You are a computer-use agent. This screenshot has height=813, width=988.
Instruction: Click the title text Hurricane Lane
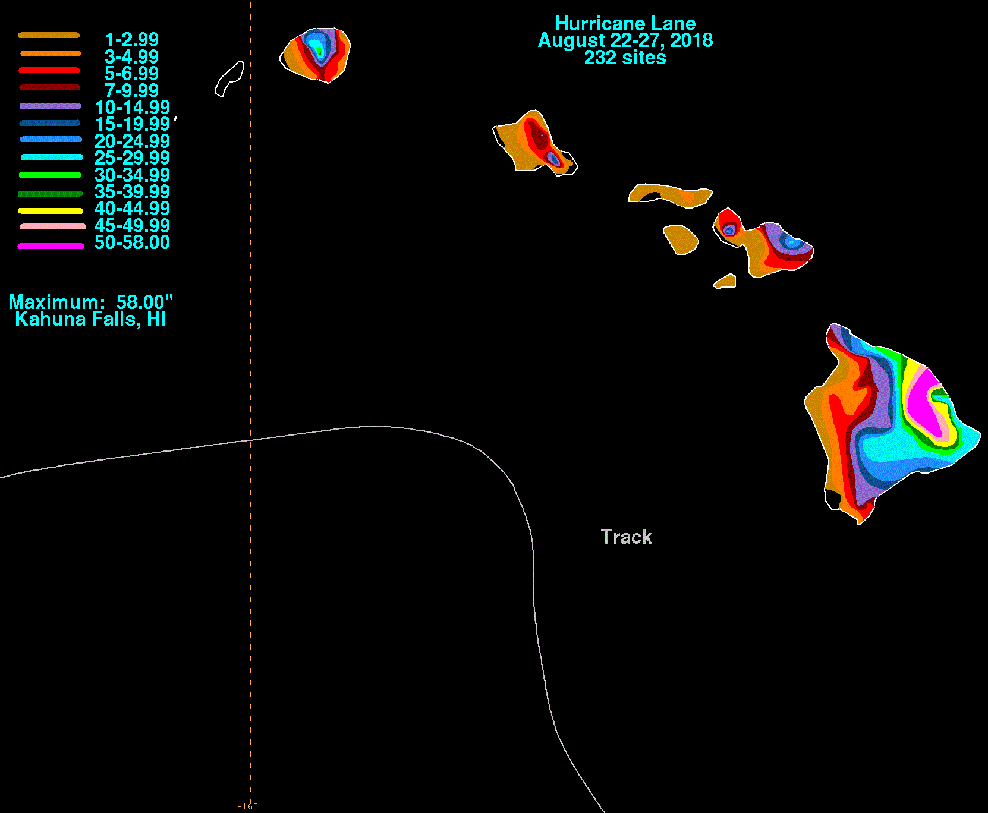click(625, 23)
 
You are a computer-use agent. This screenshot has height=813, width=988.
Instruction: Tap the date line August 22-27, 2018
click(625, 40)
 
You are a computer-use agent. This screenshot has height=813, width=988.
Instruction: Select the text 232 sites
click(625, 58)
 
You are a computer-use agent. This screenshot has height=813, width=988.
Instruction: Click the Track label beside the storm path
click(627, 537)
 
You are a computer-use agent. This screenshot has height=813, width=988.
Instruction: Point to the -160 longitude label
click(248, 806)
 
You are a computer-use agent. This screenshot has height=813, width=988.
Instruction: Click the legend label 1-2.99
click(131, 40)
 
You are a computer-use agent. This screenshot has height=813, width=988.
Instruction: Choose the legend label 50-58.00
click(132, 242)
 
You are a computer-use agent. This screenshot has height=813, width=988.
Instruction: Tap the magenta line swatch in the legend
click(51, 246)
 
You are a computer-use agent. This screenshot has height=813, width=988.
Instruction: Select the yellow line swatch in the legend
click(51, 211)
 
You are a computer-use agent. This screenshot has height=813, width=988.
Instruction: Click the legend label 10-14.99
click(132, 108)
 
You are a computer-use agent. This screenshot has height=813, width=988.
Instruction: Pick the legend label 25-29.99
click(132, 158)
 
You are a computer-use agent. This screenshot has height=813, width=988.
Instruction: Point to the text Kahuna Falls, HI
click(90, 319)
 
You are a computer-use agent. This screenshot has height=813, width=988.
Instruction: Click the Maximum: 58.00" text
click(90, 302)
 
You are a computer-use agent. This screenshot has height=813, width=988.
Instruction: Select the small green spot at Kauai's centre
click(320, 53)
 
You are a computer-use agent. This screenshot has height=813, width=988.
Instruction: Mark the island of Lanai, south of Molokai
click(681, 239)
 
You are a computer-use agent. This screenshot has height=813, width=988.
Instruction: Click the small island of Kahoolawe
click(725, 281)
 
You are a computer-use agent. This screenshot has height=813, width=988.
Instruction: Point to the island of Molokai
click(671, 195)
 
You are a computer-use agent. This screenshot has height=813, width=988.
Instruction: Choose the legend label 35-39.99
click(132, 192)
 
